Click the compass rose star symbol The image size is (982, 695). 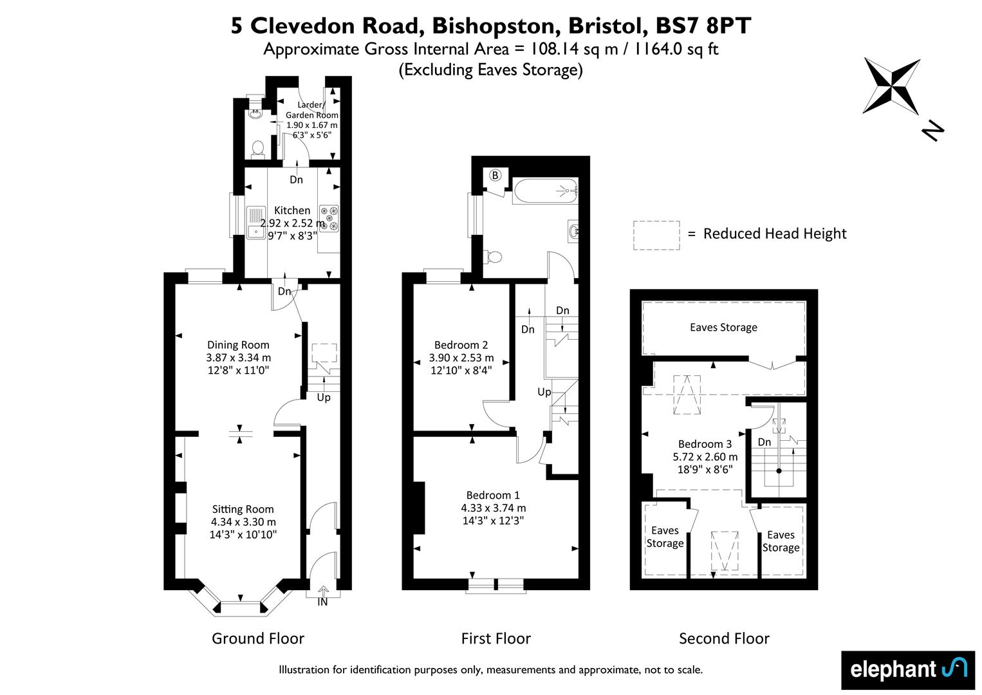[891, 86]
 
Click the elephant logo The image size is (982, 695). [908, 670]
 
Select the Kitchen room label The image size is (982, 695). [292, 210]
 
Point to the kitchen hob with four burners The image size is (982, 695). [329, 218]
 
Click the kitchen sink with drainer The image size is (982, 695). [255, 222]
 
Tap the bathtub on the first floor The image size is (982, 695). [545, 190]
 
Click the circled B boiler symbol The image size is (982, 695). [496, 176]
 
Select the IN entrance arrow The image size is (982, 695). [322, 591]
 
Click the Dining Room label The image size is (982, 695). [238, 345]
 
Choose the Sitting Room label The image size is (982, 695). [243, 509]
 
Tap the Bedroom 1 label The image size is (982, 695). [493, 495]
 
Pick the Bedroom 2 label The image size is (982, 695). [461, 345]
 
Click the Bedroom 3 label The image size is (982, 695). [705, 444]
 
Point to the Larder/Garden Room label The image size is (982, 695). [311, 109]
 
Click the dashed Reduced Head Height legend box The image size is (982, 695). [656, 236]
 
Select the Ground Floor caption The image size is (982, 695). [258, 638]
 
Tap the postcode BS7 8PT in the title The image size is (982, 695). [703, 26]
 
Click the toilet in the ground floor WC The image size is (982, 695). [257, 149]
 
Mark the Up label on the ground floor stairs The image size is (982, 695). [324, 397]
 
